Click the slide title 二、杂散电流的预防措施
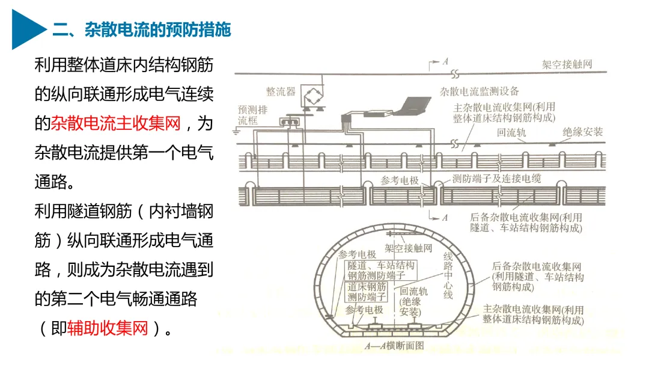point(142,29)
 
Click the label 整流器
point(281,91)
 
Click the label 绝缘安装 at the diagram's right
point(582,132)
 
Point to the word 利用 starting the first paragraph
point(50,66)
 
